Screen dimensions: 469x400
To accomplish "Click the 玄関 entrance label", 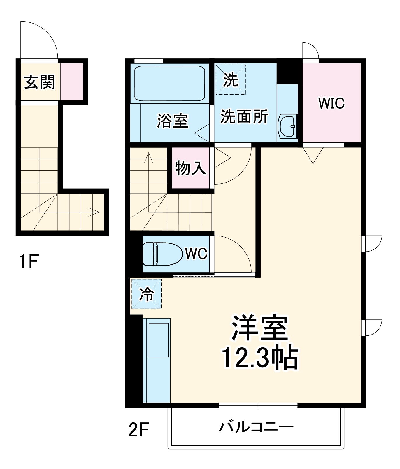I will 39,82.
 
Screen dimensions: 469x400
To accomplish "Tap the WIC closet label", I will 331,103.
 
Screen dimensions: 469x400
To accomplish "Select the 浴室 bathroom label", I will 173,121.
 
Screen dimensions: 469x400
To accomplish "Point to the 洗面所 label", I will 244,116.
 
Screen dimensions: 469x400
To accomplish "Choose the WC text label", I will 196,254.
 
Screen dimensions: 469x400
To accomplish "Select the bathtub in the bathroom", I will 170,83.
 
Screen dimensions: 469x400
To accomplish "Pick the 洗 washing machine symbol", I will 231,79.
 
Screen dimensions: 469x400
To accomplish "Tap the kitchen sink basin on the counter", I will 159,340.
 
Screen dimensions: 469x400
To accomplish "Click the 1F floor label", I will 28,261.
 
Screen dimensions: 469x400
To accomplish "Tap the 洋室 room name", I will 260,328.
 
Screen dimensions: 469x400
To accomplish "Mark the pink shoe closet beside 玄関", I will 72,82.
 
